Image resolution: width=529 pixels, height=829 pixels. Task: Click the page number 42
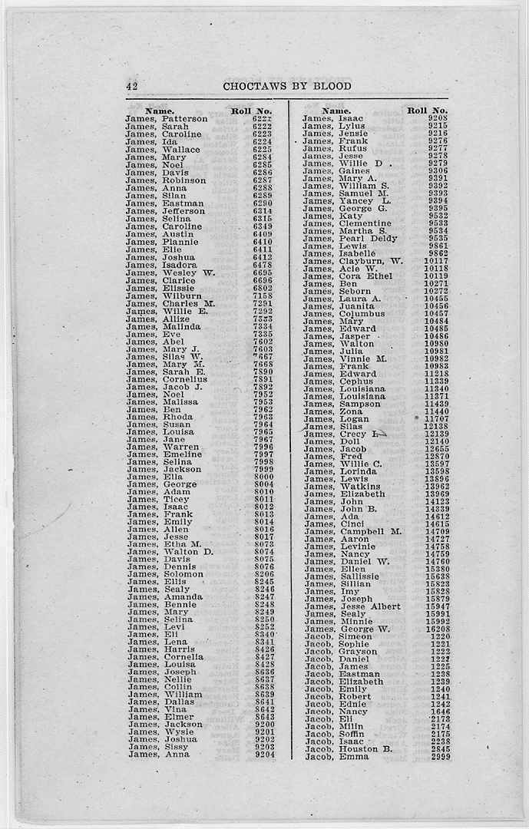click(131, 86)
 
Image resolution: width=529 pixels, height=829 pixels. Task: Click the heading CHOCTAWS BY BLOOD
click(287, 86)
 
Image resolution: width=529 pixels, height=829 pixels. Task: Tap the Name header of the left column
click(159, 111)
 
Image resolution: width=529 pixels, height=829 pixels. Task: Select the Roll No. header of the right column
click(428, 111)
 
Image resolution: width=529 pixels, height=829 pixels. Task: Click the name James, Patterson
click(167, 119)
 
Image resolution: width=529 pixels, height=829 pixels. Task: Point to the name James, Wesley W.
click(170, 272)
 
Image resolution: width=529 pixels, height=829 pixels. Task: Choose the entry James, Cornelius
click(167, 379)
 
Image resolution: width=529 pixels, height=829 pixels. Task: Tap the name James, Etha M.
click(164, 544)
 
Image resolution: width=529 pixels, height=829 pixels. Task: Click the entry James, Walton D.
click(170, 552)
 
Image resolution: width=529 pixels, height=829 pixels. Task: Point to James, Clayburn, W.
click(352, 261)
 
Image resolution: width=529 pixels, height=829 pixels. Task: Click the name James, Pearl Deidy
click(350, 239)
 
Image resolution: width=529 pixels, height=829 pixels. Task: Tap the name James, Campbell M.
click(352, 531)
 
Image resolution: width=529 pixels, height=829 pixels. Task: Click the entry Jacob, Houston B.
click(349, 749)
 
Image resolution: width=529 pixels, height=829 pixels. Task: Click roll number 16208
click(437, 629)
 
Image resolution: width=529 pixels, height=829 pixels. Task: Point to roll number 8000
click(263, 477)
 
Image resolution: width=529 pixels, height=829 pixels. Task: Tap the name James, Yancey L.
click(347, 201)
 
